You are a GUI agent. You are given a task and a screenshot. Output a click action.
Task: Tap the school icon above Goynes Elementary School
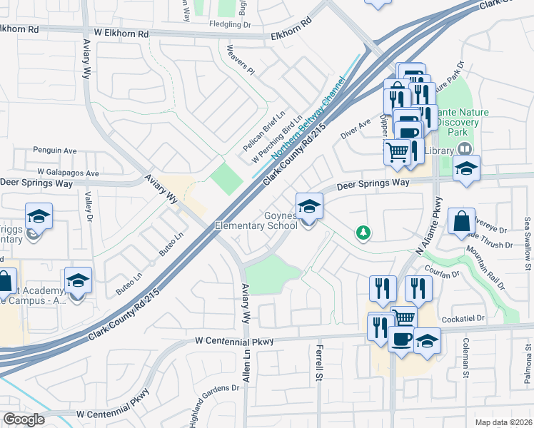click(309, 207)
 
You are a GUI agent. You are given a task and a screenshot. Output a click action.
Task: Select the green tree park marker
click(363, 233)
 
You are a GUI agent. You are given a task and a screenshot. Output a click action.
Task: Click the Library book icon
click(464, 148)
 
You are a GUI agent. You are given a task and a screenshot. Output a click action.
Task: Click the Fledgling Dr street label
click(231, 24)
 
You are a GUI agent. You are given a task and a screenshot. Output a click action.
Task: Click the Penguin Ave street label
click(55, 151)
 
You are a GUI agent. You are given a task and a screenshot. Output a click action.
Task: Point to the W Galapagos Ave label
click(68, 173)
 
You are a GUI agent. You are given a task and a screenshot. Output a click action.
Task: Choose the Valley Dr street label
click(89, 205)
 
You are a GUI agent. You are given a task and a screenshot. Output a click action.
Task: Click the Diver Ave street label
click(356, 128)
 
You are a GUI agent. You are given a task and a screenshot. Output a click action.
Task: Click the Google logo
click(24, 419)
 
